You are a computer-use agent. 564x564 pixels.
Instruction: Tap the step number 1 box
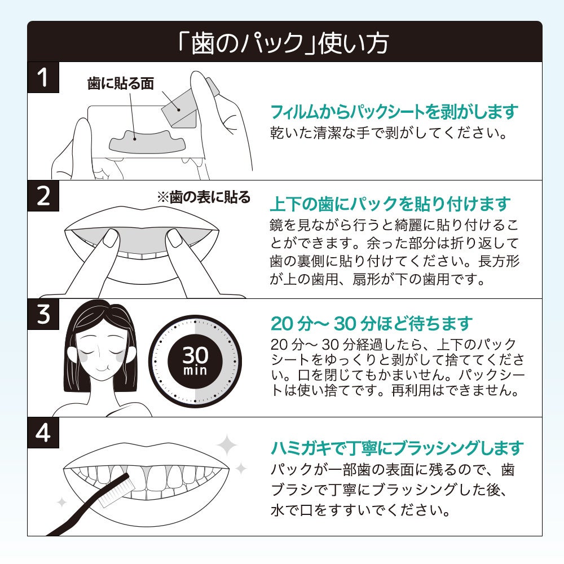[43, 77]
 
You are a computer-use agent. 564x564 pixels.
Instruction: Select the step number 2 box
[43, 195]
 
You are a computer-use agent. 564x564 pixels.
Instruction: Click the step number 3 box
[43, 314]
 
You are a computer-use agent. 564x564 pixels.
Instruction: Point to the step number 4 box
[43, 433]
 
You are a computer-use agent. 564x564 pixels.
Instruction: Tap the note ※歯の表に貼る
[203, 197]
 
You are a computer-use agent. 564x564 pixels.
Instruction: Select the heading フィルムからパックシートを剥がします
[394, 112]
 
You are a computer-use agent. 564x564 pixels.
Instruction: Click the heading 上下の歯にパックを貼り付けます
[390, 204]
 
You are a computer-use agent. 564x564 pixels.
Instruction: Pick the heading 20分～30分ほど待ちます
[371, 324]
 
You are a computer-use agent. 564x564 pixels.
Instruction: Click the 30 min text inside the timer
[195, 361]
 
